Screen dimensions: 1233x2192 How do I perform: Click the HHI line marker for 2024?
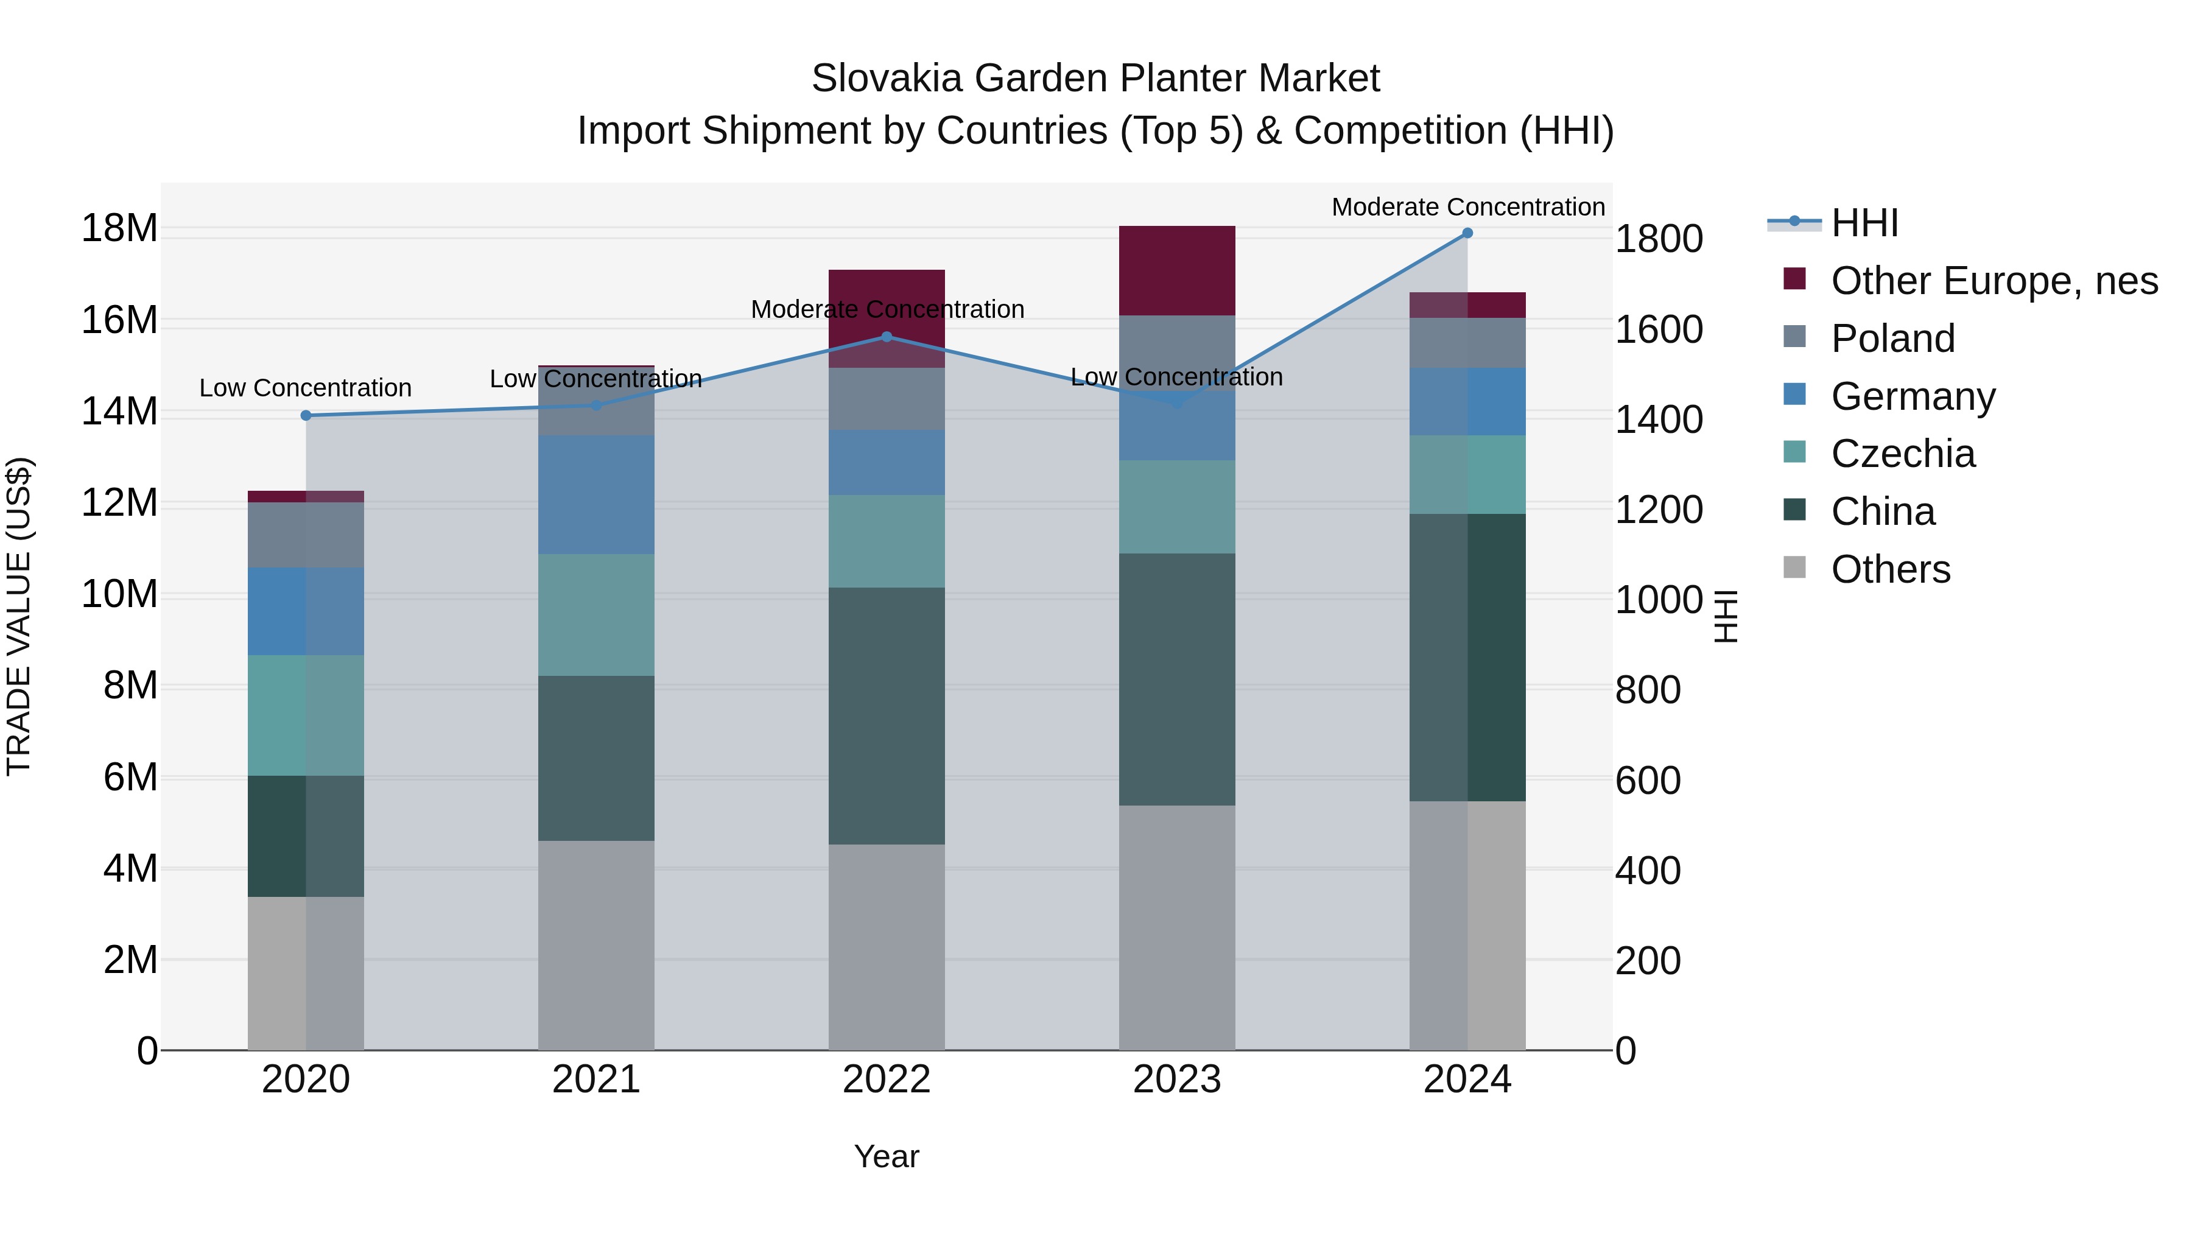coord(1467,233)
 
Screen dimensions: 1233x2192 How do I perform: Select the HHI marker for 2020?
coord(306,415)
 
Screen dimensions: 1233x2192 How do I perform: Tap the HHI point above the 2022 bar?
coord(887,337)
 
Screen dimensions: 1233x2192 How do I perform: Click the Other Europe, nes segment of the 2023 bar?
coord(1177,270)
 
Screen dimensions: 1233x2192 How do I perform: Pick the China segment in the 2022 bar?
coord(887,715)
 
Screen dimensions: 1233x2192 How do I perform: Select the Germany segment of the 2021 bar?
coord(595,494)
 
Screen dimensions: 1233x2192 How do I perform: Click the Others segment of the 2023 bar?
coord(1177,927)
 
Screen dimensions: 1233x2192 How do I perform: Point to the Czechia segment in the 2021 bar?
coord(595,614)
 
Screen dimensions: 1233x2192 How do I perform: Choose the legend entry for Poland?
coord(1892,339)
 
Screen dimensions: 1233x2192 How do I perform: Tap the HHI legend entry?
coord(1864,223)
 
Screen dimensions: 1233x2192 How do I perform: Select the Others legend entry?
coord(1890,569)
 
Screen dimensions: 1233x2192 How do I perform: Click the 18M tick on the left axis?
coord(119,229)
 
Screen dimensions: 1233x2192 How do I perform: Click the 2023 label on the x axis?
coord(1177,1080)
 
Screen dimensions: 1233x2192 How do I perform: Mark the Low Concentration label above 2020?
coord(306,388)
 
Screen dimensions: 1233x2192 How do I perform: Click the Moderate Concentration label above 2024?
coord(1468,207)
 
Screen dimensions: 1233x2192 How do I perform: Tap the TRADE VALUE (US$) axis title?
coord(19,616)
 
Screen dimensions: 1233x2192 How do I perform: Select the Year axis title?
coord(887,1156)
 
